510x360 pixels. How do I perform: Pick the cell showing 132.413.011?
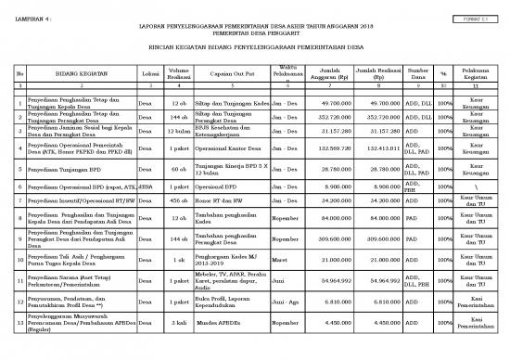coord(378,148)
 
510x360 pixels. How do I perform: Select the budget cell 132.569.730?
coord(326,148)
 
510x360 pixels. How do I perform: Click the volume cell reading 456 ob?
coord(180,201)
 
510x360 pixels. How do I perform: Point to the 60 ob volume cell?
coord(180,170)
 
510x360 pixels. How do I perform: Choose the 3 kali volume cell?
coord(180,324)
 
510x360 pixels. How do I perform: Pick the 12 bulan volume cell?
coord(180,132)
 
